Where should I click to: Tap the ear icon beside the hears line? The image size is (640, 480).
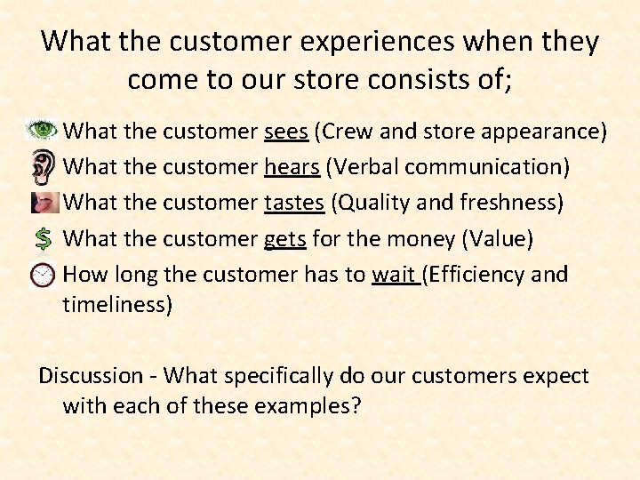43,166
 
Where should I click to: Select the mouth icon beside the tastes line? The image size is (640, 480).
44,202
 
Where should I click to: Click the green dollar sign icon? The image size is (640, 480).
43,238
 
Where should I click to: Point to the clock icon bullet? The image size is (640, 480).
43,275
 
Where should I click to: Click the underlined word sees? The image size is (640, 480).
286,132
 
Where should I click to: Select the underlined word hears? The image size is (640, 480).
292,167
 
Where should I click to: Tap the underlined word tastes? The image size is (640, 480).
294,203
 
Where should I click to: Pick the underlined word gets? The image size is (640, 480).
284,239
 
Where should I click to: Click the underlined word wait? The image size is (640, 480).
393,275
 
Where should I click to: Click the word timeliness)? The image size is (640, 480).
117,306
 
